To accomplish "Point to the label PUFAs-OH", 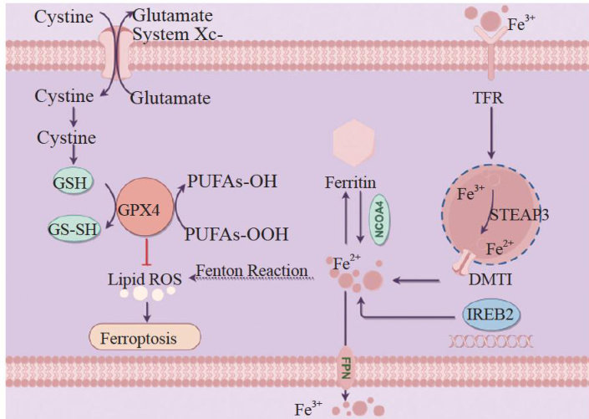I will click(x=232, y=180).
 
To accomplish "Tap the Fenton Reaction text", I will click(x=251, y=273).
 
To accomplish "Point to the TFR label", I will click(x=491, y=98).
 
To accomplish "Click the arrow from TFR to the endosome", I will click(x=492, y=134).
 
